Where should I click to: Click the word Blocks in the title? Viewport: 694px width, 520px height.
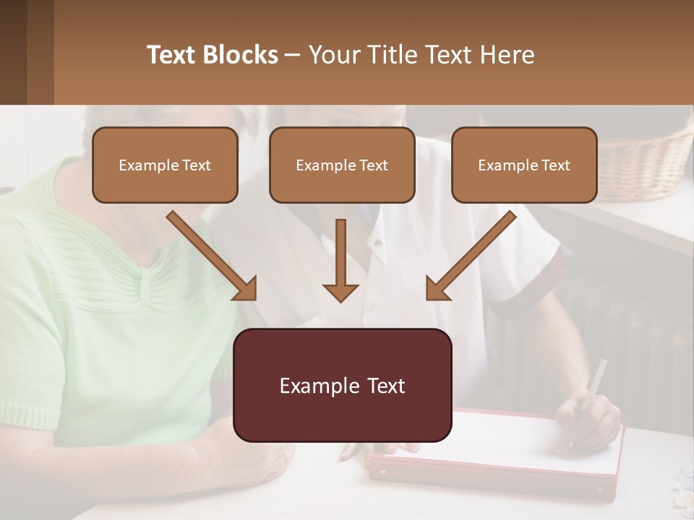(242, 55)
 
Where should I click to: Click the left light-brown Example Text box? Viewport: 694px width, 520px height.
(165, 165)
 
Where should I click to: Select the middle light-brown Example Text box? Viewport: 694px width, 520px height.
(342, 165)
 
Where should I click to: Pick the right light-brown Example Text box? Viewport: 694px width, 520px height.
(524, 165)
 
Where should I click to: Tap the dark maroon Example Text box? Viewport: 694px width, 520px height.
(342, 386)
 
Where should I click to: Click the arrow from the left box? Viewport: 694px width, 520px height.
(213, 256)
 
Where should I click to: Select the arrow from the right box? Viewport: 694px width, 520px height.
(470, 256)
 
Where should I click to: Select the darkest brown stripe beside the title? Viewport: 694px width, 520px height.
(13, 52)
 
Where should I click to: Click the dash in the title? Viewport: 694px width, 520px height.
(293, 55)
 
